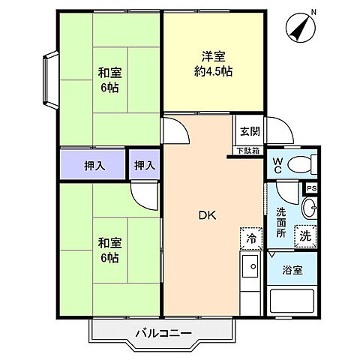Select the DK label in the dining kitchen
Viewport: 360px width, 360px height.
click(x=208, y=215)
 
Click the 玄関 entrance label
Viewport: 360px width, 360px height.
click(x=250, y=131)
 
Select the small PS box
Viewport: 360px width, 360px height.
click(x=311, y=188)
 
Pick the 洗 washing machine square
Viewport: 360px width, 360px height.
click(x=304, y=234)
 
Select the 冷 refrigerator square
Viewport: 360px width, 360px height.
click(x=250, y=238)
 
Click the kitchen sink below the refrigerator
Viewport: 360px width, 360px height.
click(x=250, y=266)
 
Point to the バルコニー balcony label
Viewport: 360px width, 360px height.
click(x=163, y=331)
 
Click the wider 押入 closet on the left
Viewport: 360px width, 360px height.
click(x=93, y=164)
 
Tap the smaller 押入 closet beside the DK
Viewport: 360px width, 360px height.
click(x=145, y=164)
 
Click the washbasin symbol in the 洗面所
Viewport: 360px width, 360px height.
click(x=310, y=208)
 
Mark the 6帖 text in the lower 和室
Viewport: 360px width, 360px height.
click(x=109, y=258)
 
